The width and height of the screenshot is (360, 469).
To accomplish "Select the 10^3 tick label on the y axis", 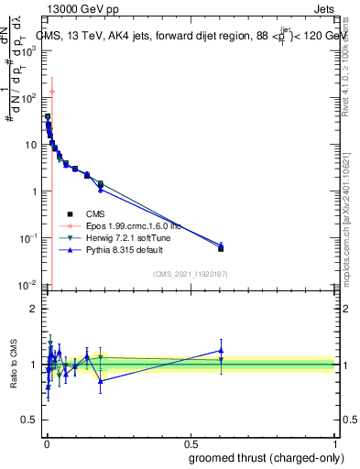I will (x=28, y=50).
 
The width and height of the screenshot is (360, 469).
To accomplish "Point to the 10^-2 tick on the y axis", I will (x=28, y=285).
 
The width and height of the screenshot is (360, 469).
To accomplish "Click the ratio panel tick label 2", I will (x=34, y=309).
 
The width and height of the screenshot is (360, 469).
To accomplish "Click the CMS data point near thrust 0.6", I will (x=221, y=248).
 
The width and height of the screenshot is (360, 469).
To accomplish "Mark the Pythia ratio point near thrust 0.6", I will (x=221, y=350).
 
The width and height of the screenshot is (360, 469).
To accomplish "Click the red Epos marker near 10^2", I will (x=52, y=92).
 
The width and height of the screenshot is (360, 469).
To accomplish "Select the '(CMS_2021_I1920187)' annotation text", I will (x=190, y=274).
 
